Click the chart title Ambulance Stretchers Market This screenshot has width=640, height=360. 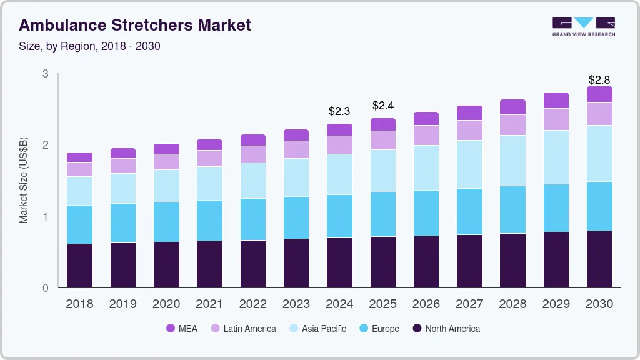[x=135, y=25]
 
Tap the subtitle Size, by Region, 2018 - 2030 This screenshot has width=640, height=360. [x=90, y=46]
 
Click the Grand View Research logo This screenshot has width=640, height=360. [x=583, y=26]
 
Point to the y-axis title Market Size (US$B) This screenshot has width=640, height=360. [x=24, y=181]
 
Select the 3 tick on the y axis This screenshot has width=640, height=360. [x=45, y=74]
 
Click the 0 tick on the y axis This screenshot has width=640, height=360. [x=45, y=288]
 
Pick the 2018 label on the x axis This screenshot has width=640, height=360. [x=79, y=304]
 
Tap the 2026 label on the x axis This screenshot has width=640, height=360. [x=426, y=304]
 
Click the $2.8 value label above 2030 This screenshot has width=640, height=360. [x=599, y=80]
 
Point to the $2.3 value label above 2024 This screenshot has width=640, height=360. [x=339, y=111]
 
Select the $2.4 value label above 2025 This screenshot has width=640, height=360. [x=382, y=105]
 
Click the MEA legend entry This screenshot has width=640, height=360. [x=181, y=328]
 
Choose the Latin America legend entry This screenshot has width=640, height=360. [x=243, y=328]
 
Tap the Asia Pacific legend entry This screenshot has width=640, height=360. [x=317, y=328]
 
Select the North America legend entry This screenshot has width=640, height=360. [x=446, y=328]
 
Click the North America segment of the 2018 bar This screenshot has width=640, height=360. [x=79, y=266]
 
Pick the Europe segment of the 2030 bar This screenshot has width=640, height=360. [x=599, y=206]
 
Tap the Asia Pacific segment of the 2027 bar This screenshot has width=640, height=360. [x=469, y=164]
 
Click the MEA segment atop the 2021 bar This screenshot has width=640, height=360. [x=209, y=144]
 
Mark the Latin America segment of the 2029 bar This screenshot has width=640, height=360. [x=556, y=119]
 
